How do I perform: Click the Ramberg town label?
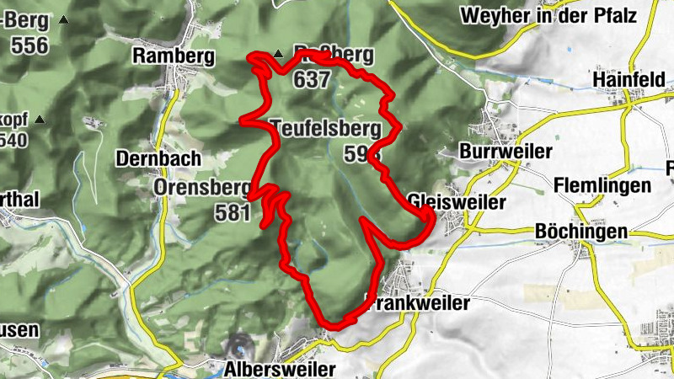[174, 56]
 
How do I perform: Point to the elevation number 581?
[233, 212]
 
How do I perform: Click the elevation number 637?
[313, 81]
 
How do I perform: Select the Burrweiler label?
[505, 152]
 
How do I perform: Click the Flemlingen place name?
[603, 185]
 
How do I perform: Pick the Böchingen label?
[581, 232]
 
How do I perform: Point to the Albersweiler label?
[280, 369]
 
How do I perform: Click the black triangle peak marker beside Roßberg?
[278, 54]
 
